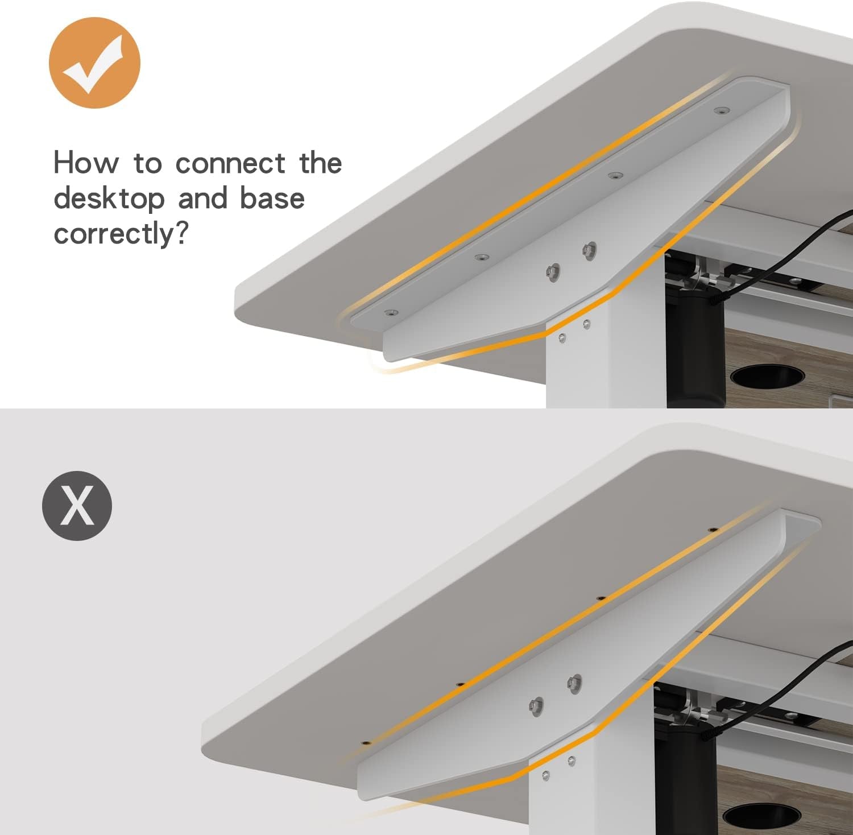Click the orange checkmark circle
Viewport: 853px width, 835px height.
[94, 63]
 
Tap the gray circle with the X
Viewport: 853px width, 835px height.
[77, 506]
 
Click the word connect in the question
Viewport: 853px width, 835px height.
[230, 164]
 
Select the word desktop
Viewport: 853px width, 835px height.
[109, 199]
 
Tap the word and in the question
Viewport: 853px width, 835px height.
[202, 199]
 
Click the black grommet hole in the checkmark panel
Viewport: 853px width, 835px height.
[767, 376]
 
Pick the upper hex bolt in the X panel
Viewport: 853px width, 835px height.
[574, 681]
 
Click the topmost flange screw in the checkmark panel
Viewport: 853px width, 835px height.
[723, 110]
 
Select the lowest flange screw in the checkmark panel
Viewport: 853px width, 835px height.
[390, 312]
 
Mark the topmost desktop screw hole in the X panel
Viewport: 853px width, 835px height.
[711, 530]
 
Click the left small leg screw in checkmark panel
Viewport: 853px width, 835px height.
[562, 339]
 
